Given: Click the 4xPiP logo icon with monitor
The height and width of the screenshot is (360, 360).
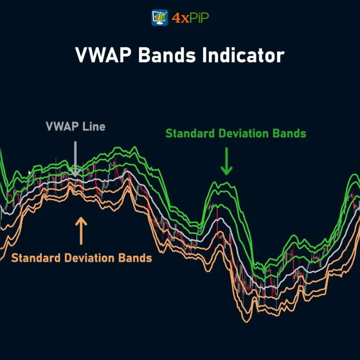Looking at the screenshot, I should click(x=160, y=18).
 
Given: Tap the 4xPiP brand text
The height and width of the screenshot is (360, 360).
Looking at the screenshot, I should click(x=190, y=18).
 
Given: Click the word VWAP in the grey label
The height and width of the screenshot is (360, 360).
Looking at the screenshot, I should click(x=62, y=126).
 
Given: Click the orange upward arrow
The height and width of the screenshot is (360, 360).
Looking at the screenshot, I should click(x=81, y=230).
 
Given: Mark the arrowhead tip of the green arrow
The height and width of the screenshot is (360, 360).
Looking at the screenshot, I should click(x=227, y=173).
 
